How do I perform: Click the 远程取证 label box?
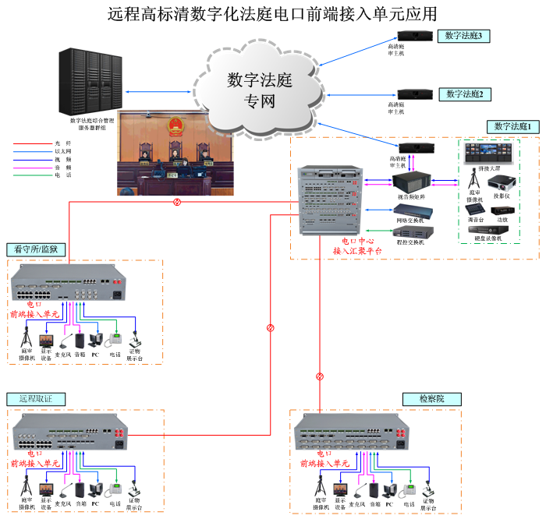36,399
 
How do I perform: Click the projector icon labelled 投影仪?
500,184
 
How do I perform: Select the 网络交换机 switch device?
410,210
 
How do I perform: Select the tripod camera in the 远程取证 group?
27,485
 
